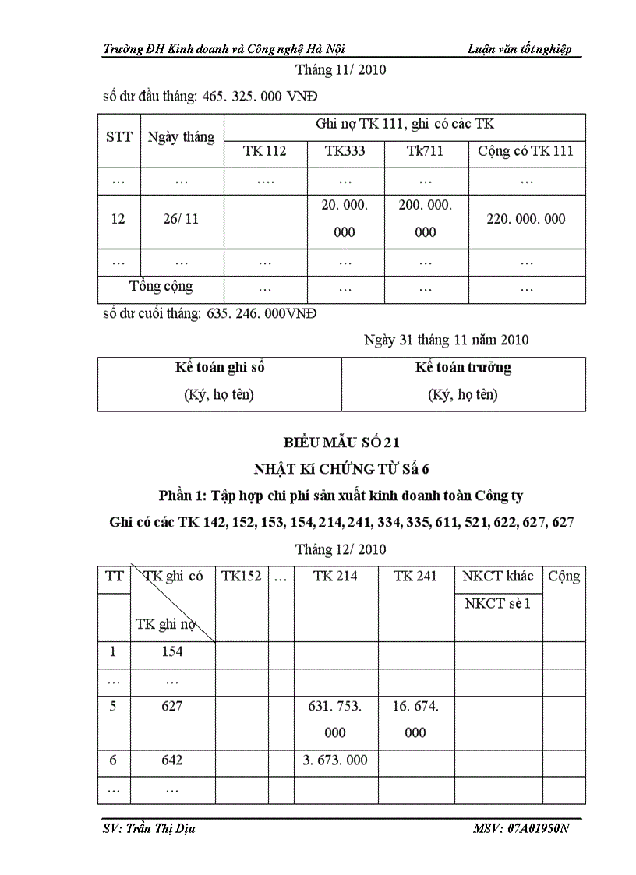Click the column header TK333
coord(344,151)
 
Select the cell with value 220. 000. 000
coord(526,219)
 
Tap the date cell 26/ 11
coord(182,219)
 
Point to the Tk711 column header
coord(426,151)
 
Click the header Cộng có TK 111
coord(526,151)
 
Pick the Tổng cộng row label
coord(161,286)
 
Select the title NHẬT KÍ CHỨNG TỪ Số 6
coord(341,469)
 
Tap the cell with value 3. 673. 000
coord(335,760)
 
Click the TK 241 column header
coord(415,577)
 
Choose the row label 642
coord(171,760)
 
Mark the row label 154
coord(171,651)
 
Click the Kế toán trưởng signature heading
coord(463,368)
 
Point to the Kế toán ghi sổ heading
coord(219,368)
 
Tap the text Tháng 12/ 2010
coord(341,549)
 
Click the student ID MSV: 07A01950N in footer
coord(521,828)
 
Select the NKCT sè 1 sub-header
coord(497,604)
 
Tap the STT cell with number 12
coord(118,219)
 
